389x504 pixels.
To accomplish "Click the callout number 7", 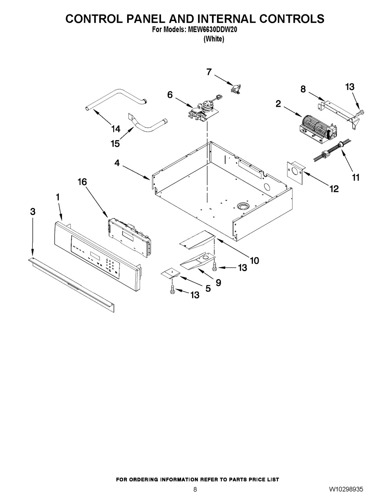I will pos(209,72).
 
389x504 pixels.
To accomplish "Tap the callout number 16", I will pos(82,182).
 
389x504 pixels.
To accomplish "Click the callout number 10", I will pos(254,260).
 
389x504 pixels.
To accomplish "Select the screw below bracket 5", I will pos(172,290).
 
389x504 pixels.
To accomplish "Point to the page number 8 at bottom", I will pos(195,490).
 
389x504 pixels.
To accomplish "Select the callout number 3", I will pos(33,211).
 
